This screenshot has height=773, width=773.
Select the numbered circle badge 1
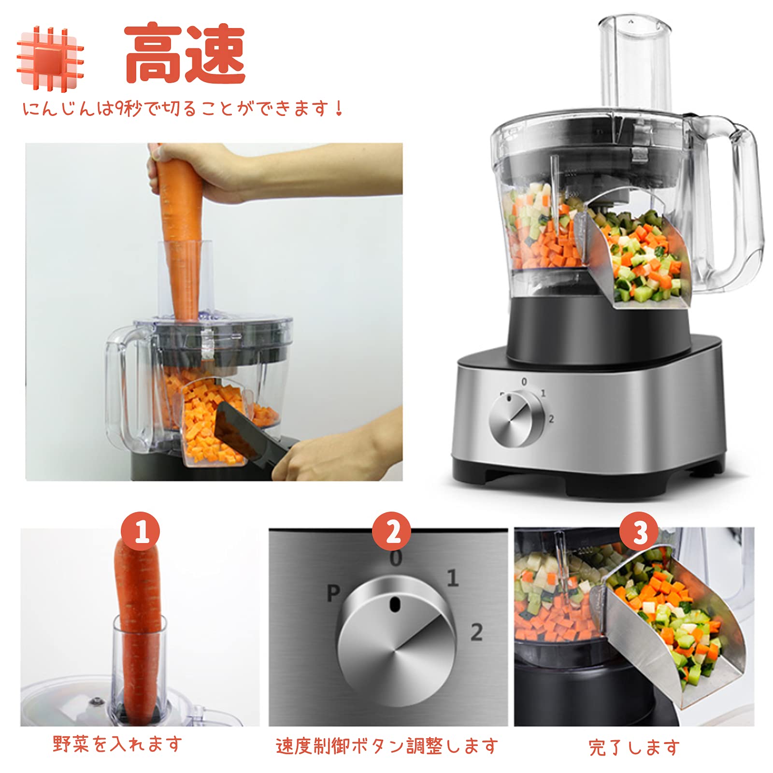point(141,531)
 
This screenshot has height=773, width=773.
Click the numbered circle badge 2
point(391,531)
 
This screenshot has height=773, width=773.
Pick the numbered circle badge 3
point(639,531)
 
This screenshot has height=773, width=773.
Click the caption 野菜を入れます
point(117,744)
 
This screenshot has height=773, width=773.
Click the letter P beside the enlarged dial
point(333,593)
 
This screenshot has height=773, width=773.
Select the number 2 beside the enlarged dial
point(476,632)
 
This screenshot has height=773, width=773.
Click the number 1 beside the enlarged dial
point(452,578)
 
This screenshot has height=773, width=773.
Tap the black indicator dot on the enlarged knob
point(395,603)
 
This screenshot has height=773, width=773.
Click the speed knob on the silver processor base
point(516,419)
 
